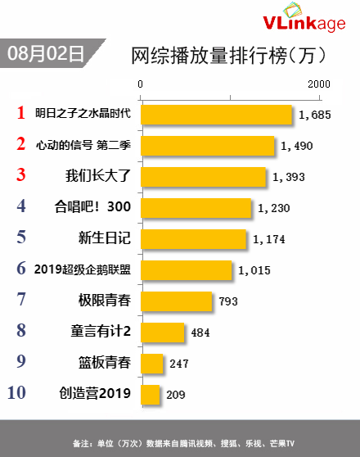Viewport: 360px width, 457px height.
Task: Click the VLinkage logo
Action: pos(304,18)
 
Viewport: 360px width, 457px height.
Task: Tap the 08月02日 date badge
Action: pos(47,53)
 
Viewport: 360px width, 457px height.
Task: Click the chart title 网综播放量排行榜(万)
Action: pos(228,55)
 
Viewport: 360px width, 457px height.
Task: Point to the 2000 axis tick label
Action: pos(319,84)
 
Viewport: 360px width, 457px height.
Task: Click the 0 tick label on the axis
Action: pos(141,84)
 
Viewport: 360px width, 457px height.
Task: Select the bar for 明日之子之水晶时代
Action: pos(216,115)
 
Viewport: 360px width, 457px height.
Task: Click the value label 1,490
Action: pos(296,146)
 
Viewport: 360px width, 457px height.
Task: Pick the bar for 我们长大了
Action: pos(203,177)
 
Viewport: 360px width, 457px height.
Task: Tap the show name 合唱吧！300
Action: pos(92,206)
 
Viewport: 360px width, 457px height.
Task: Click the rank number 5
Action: pos(21,237)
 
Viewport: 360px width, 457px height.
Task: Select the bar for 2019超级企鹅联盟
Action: pos(186,270)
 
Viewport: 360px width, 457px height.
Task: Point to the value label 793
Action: pos(228,301)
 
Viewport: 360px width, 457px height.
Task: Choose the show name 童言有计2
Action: pos(101,331)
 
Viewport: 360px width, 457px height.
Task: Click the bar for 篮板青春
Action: pos(151,364)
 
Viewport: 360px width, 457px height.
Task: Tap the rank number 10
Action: pos(16,392)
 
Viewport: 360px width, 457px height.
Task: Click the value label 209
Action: pos(176,395)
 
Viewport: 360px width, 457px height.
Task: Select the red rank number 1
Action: pos(21,112)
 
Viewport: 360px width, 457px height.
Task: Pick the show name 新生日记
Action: pos(104,238)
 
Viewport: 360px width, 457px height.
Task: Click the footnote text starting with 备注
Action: pos(183,443)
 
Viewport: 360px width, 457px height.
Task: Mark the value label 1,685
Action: pos(315,115)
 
